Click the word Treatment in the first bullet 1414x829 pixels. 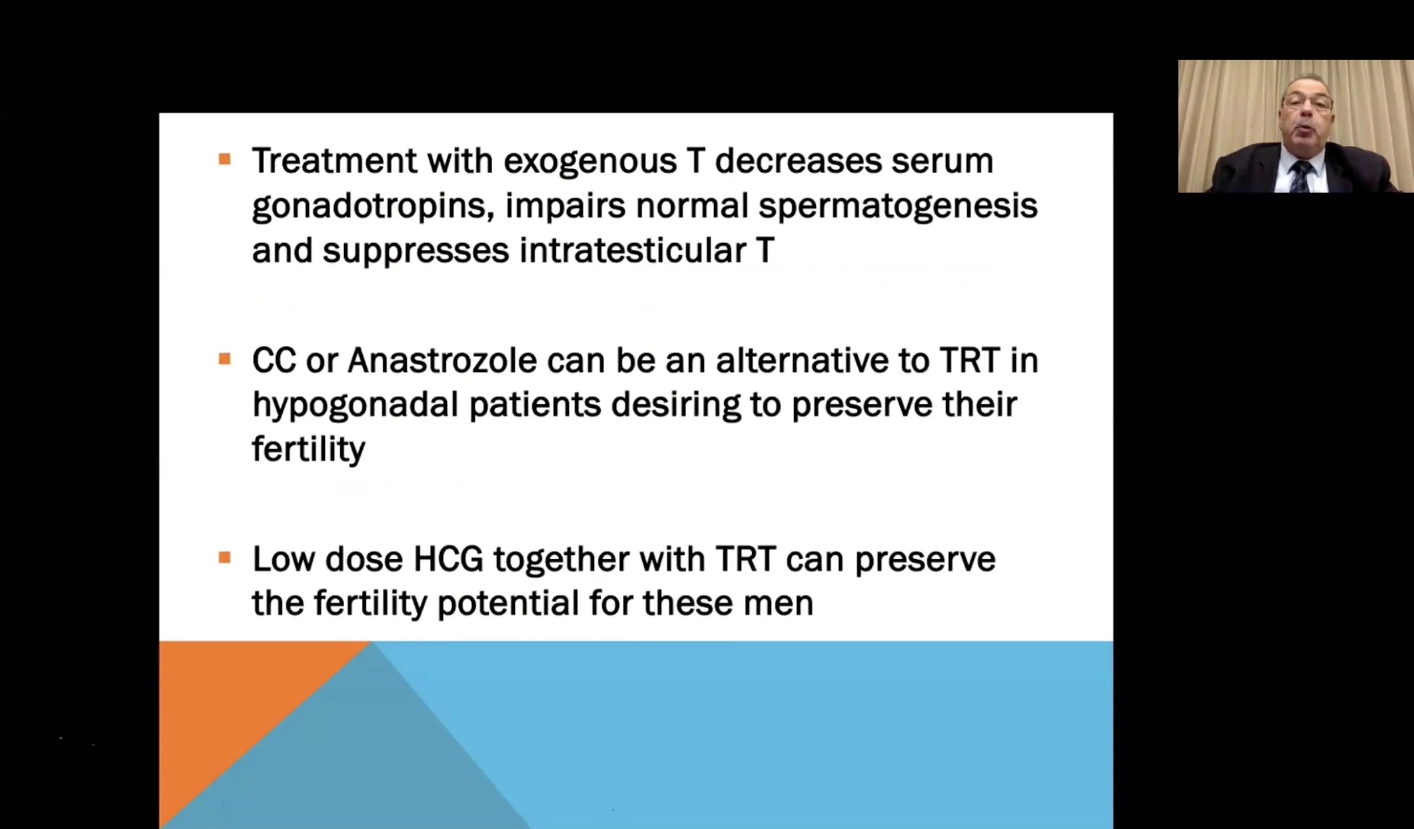coord(334,160)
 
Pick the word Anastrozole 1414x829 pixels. coord(442,360)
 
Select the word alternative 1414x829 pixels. coord(802,360)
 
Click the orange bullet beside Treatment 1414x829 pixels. coord(224,159)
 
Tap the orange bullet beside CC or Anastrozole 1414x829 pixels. coord(224,359)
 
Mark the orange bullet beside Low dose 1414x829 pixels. coord(224,558)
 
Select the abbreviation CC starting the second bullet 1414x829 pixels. coord(274,360)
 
